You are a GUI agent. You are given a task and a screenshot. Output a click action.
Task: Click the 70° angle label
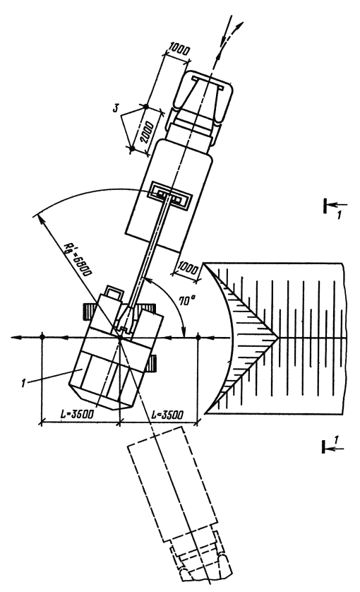tap(186, 300)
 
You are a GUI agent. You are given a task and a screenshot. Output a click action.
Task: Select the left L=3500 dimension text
tap(77, 414)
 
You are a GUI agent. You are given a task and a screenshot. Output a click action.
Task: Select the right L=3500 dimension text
tap(167, 414)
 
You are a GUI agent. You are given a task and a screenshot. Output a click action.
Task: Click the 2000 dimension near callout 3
tap(146, 132)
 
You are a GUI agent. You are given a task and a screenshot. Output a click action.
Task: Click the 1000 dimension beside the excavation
tap(188, 269)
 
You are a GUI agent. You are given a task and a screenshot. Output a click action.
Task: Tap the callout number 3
tap(116, 108)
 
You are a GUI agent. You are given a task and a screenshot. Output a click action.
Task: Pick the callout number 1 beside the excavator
tap(23, 384)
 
